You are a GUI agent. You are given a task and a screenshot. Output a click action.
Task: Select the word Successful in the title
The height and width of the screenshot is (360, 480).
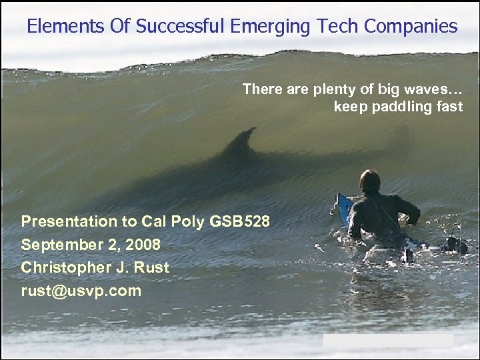180,27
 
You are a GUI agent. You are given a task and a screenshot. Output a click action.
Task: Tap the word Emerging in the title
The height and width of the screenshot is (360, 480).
269,27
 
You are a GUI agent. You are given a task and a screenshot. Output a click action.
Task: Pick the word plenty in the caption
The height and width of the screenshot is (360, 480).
315,89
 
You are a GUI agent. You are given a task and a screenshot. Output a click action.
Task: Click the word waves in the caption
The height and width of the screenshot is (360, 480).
425,89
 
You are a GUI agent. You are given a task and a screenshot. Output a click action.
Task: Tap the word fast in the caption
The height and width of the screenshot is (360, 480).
449,107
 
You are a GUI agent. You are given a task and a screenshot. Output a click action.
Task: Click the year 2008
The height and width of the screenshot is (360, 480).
141,245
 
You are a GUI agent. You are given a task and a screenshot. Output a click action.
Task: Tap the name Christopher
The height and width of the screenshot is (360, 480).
63,268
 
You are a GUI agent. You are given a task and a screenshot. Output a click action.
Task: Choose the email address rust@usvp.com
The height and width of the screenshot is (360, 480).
81,291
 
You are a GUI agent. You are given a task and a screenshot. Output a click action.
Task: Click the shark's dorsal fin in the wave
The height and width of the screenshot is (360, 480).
241,141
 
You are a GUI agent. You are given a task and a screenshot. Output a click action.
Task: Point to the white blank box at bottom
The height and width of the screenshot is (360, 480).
388,341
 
